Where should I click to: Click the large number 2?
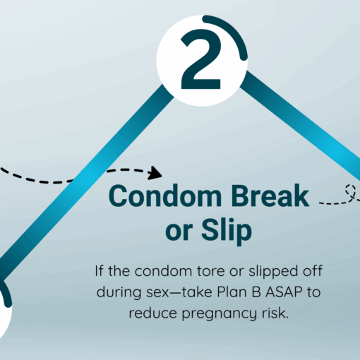201,59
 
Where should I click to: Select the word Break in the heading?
270,196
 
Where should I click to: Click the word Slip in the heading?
227,230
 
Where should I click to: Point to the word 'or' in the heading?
179,232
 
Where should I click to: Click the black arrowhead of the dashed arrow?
155,173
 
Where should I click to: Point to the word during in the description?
119,293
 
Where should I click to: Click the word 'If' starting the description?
99,271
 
